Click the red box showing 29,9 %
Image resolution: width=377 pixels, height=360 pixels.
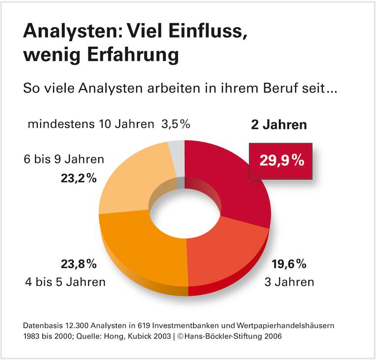click(x=280, y=161)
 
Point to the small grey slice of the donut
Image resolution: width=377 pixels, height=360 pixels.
click(x=176, y=150)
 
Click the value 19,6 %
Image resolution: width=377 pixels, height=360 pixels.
click(x=289, y=264)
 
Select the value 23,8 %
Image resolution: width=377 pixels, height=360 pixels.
click(x=79, y=264)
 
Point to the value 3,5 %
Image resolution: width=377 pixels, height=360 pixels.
click(x=175, y=124)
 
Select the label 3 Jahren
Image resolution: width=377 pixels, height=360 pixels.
click(x=289, y=282)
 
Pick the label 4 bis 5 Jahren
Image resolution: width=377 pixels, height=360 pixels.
click(x=65, y=282)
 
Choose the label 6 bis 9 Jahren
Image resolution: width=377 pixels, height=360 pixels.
click(x=64, y=159)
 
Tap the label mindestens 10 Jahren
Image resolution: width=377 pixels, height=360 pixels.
click(x=91, y=124)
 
